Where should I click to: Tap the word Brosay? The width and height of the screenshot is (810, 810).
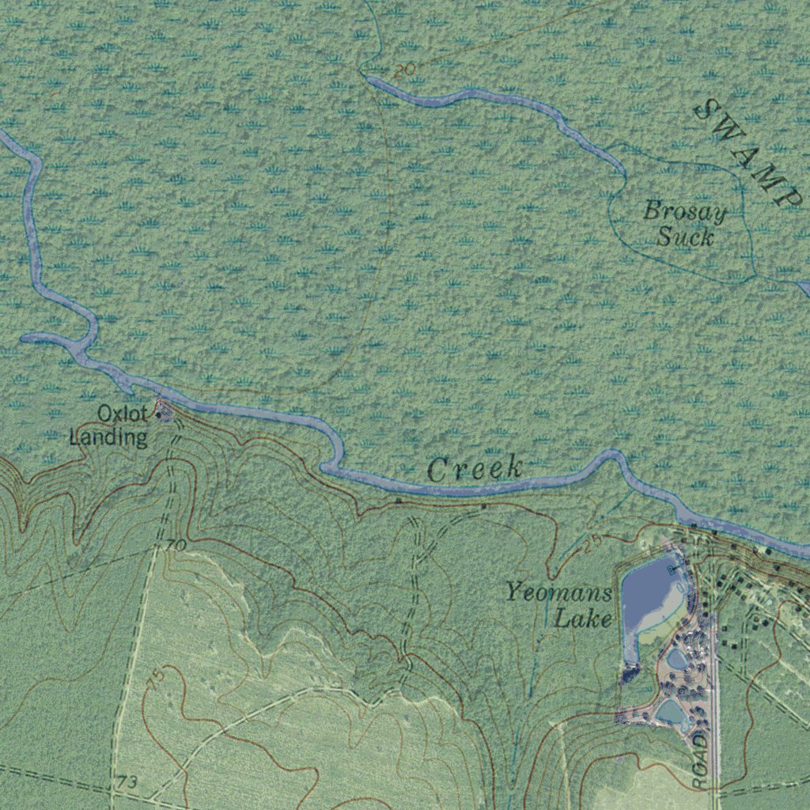pyautogui.click(x=684, y=212)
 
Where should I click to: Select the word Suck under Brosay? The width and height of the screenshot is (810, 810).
pyautogui.click(x=685, y=237)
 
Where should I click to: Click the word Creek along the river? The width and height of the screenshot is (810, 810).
pyautogui.click(x=475, y=468)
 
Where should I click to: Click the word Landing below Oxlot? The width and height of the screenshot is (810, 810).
pyautogui.click(x=108, y=437)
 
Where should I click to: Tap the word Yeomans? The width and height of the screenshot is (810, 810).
pyautogui.click(x=558, y=592)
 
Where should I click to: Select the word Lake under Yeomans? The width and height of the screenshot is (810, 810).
pyautogui.click(x=583, y=618)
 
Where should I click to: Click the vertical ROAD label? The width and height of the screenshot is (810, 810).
pyautogui.click(x=699, y=759)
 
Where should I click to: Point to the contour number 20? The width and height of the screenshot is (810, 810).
pyautogui.click(x=404, y=70)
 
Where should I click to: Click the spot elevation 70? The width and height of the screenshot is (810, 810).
pyautogui.click(x=176, y=546)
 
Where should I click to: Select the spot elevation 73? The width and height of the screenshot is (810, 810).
pyautogui.click(x=127, y=782)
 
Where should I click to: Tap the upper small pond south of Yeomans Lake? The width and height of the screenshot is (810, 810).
pyautogui.click(x=677, y=658)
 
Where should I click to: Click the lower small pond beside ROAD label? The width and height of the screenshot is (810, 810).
pyautogui.click(x=671, y=712)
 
